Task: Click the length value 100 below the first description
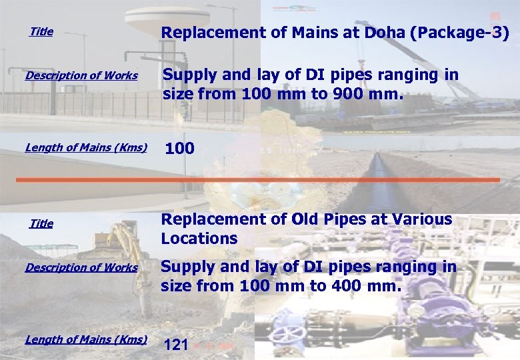(179, 149)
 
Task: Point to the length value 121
(176, 345)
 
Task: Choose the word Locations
(199, 239)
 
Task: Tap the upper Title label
(41, 31)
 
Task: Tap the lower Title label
(41, 223)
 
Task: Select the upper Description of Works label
(81, 75)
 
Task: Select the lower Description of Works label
(81, 267)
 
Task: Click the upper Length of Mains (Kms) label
(86, 147)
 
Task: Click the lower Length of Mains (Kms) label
(86, 339)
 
